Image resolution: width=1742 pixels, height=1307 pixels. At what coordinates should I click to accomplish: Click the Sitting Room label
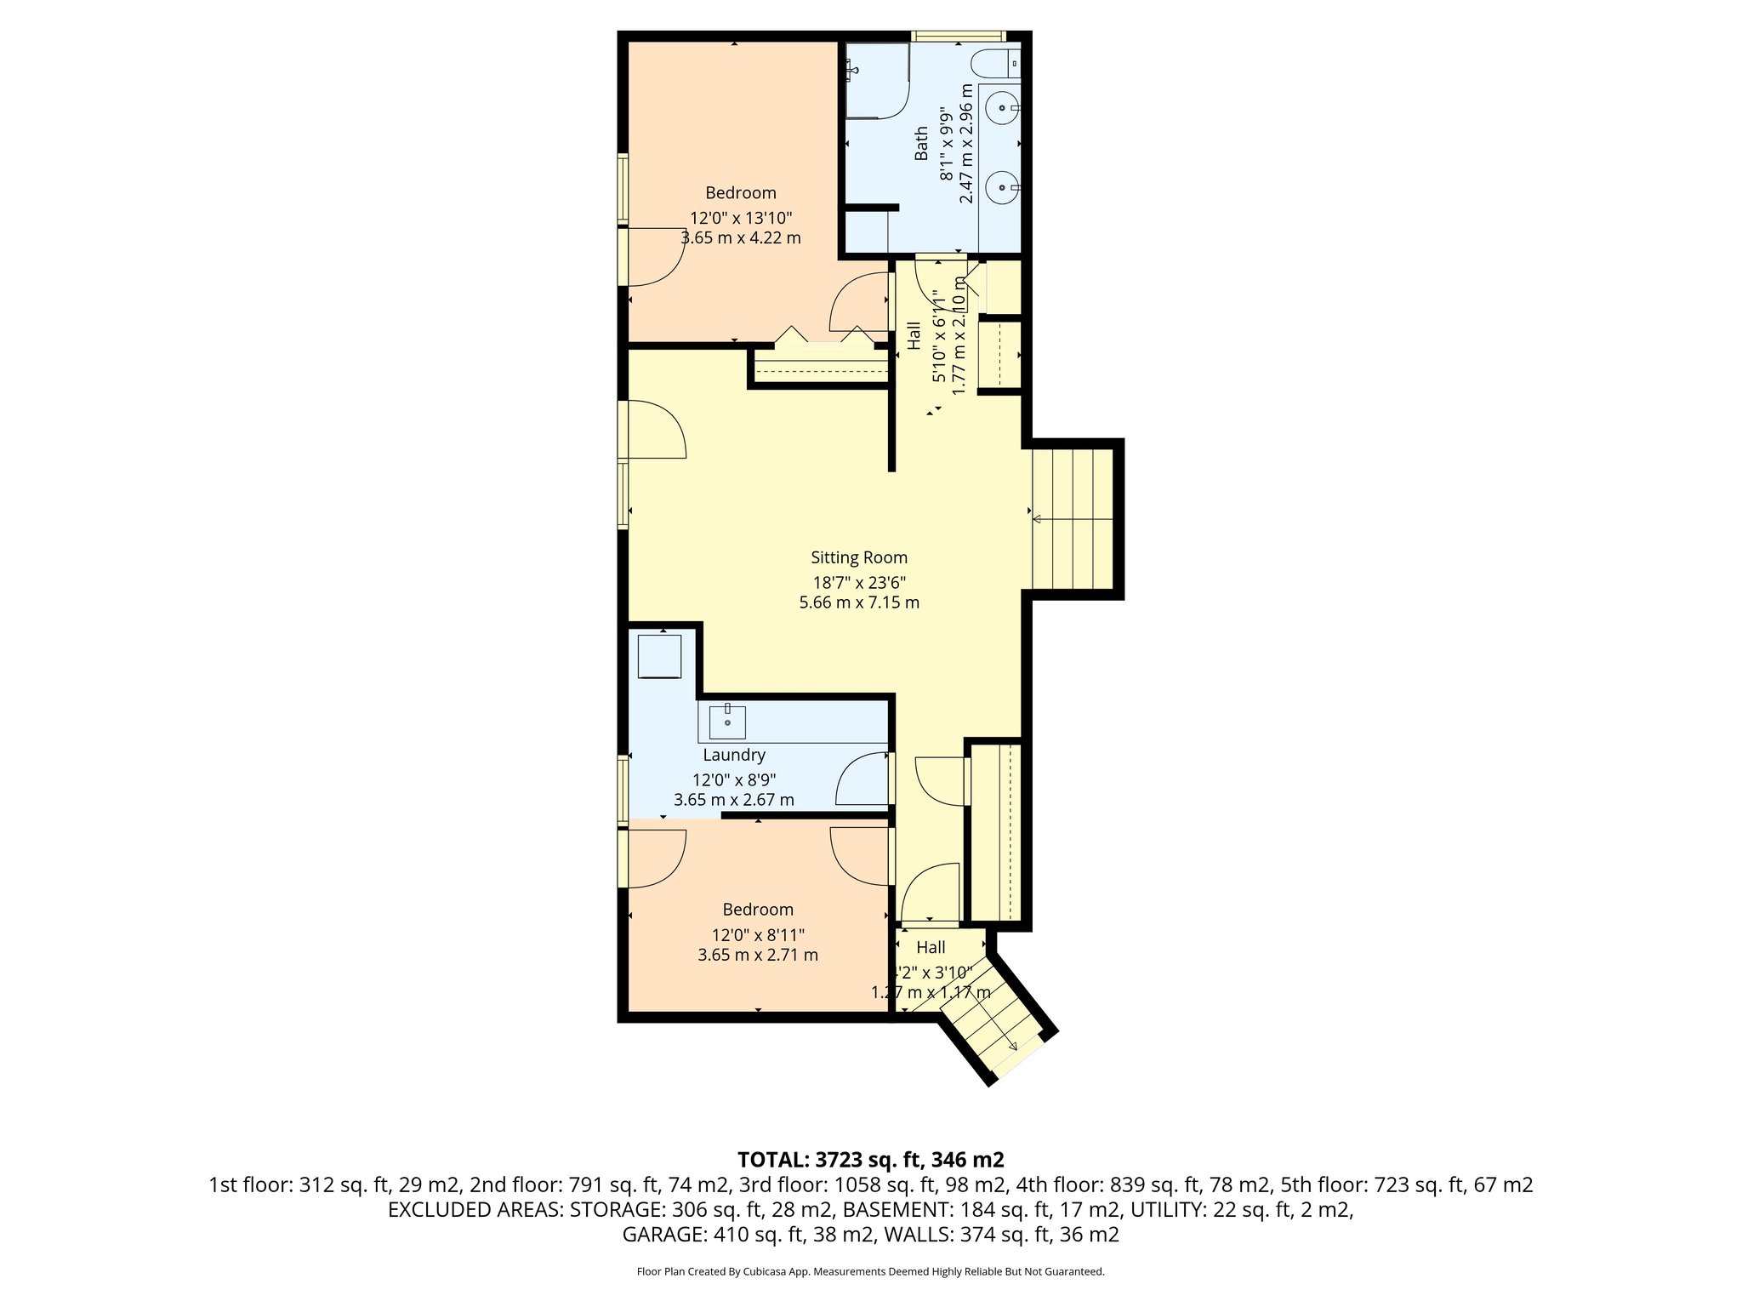click(859, 557)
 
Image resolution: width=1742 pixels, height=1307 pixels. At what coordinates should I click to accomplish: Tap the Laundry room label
click(734, 755)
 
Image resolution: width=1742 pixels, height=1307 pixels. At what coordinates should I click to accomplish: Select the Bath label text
click(922, 143)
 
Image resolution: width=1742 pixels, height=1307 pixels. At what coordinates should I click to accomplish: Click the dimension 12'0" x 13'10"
click(741, 218)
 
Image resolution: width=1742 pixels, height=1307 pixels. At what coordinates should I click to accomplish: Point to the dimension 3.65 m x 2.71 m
click(758, 955)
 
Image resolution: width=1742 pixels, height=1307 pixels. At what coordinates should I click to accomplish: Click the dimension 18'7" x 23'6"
click(859, 583)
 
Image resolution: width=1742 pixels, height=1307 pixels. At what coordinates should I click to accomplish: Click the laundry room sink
click(727, 722)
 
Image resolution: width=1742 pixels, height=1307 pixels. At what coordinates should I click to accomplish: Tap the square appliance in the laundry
click(659, 655)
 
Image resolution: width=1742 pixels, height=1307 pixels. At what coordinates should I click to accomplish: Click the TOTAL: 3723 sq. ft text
click(870, 1160)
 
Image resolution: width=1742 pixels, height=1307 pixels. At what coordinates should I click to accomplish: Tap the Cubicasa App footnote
click(870, 1272)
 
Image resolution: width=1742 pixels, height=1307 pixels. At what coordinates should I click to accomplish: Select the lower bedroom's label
click(758, 909)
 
